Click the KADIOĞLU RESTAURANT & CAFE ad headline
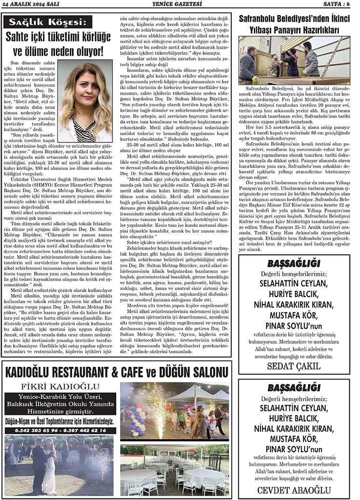[x=115, y=372]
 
